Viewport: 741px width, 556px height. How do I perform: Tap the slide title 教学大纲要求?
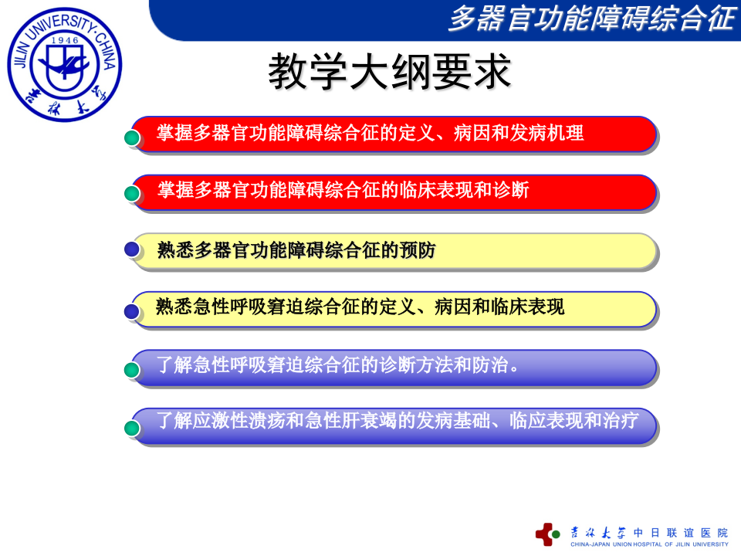(390, 73)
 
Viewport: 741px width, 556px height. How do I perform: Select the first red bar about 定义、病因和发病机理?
(394, 134)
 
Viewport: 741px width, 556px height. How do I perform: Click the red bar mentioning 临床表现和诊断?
(394, 191)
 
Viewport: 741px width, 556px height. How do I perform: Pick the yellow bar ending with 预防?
(394, 250)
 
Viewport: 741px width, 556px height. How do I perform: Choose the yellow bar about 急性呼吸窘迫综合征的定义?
(394, 308)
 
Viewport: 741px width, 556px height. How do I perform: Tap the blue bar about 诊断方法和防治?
(394, 366)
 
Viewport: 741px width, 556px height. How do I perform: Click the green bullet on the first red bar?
(133, 137)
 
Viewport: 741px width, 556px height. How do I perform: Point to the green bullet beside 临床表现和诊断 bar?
(133, 195)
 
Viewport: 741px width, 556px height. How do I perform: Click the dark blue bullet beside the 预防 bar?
(133, 249)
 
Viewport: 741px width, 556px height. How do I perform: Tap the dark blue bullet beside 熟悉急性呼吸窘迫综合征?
(133, 311)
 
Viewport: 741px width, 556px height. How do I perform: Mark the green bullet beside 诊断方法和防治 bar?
(133, 370)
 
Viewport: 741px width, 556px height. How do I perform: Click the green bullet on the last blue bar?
(133, 427)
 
